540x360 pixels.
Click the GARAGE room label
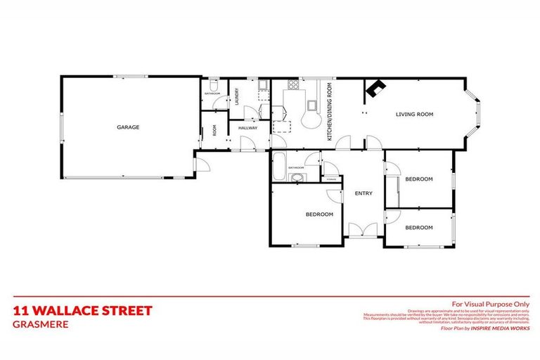coord(128,127)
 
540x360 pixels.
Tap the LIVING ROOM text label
coord(414,114)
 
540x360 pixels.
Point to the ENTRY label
coord(364,193)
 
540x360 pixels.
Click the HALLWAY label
coord(247,128)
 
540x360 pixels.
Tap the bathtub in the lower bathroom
coord(279,167)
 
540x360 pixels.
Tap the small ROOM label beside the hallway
coord(214,130)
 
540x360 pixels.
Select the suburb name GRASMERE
coord(39,324)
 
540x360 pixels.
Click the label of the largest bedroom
coord(319,214)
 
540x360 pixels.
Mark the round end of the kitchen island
coord(309,120)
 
